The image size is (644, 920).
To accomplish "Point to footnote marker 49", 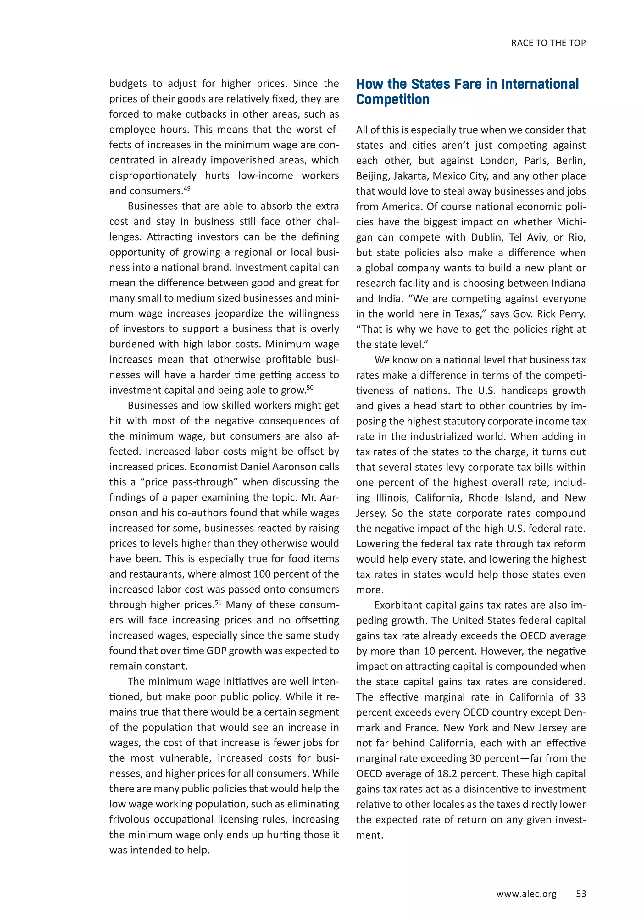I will click(x=187, y=188).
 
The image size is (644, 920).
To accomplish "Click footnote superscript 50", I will click(x=310, y=387).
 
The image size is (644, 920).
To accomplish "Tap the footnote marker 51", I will click(x=218, y=602).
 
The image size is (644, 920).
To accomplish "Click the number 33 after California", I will click(x=580, y=697).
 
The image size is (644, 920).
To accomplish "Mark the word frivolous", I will click(x=130, y=819).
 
